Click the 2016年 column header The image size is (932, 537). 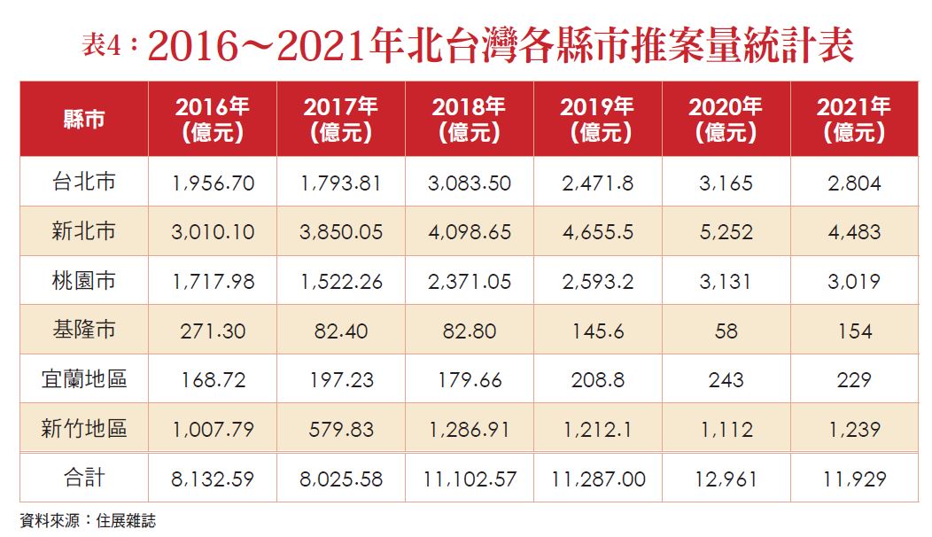(x=213, y=120)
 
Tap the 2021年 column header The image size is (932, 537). (x=853, y=120)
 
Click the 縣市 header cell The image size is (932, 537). (x=84, y=120)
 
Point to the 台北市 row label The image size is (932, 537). (x=84, y=183)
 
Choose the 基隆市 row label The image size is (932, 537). (x=84, y=331)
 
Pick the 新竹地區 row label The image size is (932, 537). (x=84, y=429)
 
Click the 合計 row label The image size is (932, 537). (x=84, y=479)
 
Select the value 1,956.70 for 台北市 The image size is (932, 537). (x=213, y=183)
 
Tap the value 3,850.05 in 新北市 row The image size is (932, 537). (x=341, y=232)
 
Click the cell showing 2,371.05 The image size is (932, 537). (x=469, y=282)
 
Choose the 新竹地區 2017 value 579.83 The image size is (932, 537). (x=341, y=430)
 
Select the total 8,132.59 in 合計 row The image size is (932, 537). (x=213, y=479)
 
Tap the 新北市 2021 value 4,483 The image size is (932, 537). (x=853, y=232)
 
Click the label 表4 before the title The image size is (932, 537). (x=100, y=46)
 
